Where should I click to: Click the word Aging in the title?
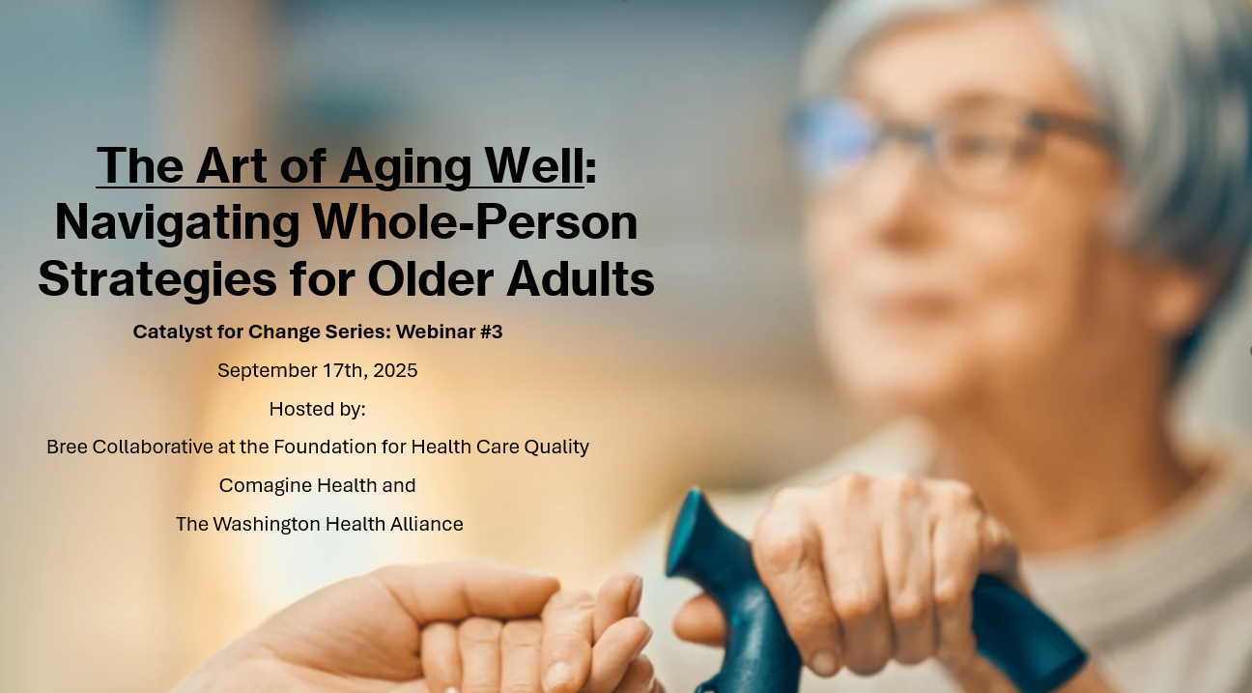tap(405, 167)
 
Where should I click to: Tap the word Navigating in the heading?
tap(177, 223)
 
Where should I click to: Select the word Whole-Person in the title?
tap(475, 221)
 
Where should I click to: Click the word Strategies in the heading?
tap(157, 280)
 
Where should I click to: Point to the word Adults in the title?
tap(581, 278)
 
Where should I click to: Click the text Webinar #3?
tap(449, 332)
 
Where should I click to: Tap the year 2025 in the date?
tap(395, 370)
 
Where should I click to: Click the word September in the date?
tap(268, 371)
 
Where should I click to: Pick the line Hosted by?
tap(318, 410)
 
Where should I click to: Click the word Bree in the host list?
tap(67, 447)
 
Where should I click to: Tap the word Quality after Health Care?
tap(556, 448)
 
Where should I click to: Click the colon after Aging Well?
tap(591, 169)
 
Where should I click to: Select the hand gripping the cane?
tap(872, 570)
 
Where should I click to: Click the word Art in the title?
tap(232, 166)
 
